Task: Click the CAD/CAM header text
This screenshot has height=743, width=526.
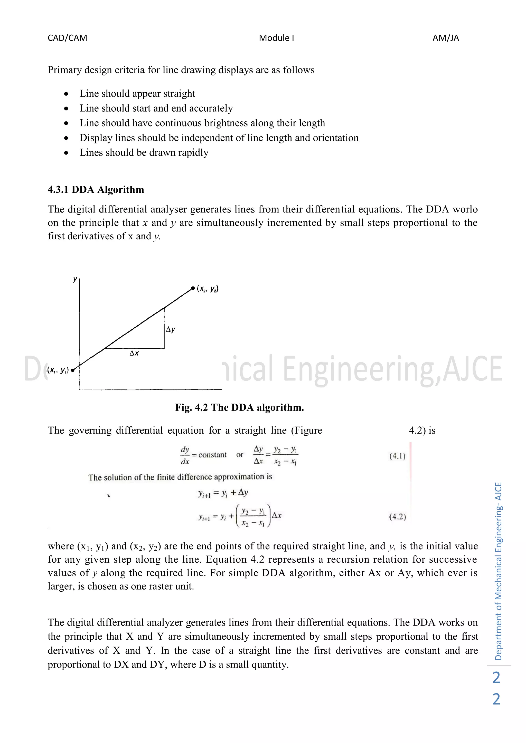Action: click(67, 38)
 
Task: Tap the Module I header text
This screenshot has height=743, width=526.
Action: click(276, 38)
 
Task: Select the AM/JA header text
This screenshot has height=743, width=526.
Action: click(445, 38)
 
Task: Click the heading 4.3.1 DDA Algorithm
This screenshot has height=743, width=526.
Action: click(96, 190)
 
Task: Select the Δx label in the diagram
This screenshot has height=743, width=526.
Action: click(134, 353)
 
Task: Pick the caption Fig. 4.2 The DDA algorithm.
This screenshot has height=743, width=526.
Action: click(239, 407)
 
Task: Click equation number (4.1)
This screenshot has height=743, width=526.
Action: click(397, 456)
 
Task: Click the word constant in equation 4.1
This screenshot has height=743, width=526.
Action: click(212, 455)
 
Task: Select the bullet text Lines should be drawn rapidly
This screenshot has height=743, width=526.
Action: click(144, 153)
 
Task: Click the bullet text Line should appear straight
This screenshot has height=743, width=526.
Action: click(137, 94)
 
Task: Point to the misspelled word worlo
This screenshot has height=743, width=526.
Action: click(465, 209)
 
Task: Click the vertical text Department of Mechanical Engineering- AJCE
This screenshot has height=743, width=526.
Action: click(498, 571)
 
